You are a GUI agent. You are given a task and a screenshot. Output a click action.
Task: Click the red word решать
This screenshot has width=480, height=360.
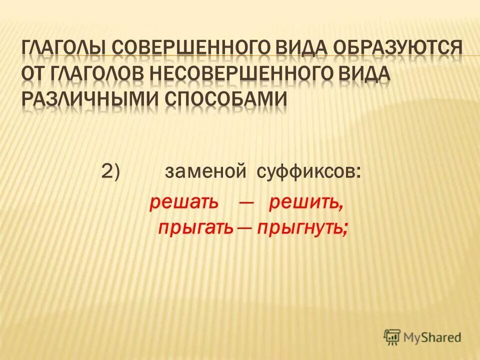pyautogui.click(x=184, y=203)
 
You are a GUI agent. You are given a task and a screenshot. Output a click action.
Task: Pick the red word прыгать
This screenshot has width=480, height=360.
pyautogui.click(x=195, y=227)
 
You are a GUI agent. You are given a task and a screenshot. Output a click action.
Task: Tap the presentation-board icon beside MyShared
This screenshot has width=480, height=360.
pyautogui.click(x=392, y=337)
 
